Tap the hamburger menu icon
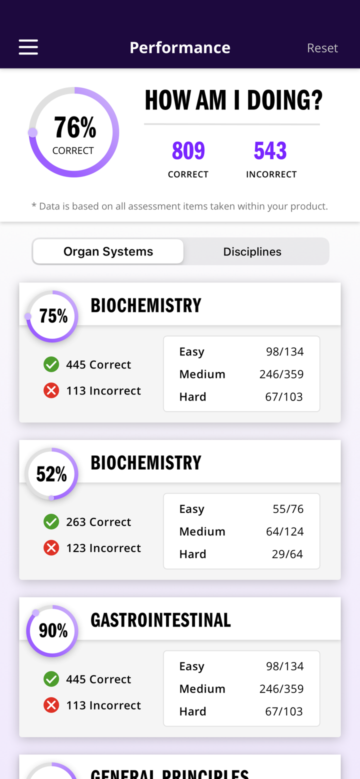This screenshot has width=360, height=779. (x=28, y=47)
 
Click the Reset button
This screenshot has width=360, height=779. (x=322, y=47)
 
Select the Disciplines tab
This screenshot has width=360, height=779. (x=252, y=251)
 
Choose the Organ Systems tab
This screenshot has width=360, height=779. (x=108, y=251)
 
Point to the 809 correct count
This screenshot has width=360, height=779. (x=188, y=150)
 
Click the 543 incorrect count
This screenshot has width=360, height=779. (x=270, y=150)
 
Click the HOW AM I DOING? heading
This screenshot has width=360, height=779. (x=233, y=100)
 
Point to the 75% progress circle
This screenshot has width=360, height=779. (x=52, y=316)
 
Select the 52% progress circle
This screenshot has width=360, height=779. (x=52, y=473)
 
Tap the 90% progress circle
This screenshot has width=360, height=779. (x=52, y=630)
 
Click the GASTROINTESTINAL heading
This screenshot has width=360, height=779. (x=160, y=620)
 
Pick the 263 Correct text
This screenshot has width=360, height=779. (x=98, y=521)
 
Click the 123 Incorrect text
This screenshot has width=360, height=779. (x=103, y=548)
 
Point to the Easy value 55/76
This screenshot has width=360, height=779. (x=288, y=509)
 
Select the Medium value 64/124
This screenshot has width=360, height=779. (x=284, y=531)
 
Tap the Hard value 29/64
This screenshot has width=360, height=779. (x=287, y=554)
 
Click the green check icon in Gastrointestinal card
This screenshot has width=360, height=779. (x=51, y=679)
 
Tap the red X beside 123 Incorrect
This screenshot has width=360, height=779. (x=51, y=548)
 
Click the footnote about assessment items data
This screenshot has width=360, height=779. (x=179, y=206)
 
